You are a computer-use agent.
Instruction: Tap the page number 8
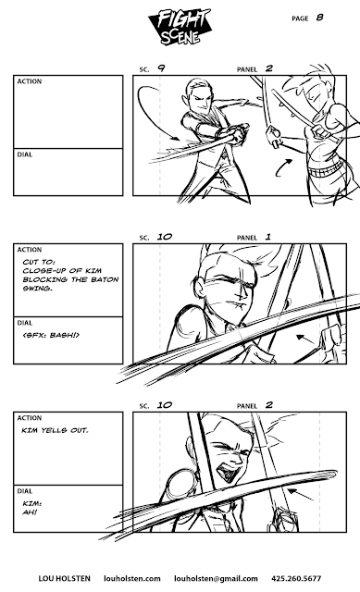click(320, 17)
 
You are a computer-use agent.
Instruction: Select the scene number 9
click(161, 68)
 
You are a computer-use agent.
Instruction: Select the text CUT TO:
click(34, 263)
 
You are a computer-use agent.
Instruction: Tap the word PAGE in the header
click(300, 18)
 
